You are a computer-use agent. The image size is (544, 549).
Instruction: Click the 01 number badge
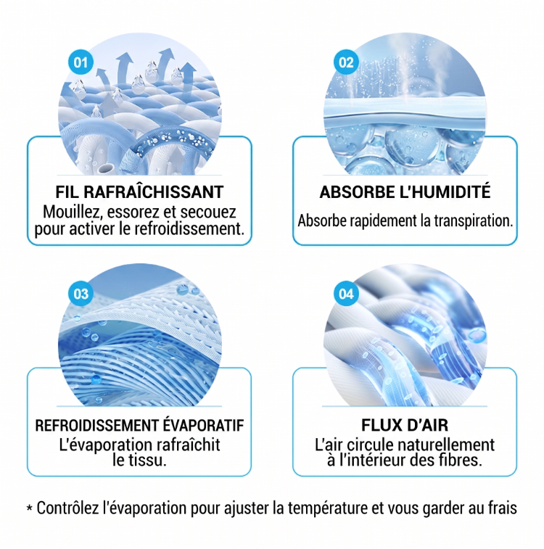coord(81,62)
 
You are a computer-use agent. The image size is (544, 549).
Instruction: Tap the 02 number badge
coord(346,62)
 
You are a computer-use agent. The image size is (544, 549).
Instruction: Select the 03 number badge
coord(81,294)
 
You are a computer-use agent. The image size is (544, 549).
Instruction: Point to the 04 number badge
coord(346,294)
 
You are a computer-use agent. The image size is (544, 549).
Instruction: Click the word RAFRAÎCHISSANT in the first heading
coord(154,191)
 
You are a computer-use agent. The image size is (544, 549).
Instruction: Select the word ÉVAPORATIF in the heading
coord(203,425)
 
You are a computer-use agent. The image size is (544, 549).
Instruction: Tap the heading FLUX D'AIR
coord(405,425)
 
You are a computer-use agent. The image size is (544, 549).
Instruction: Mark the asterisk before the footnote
coord(30,508)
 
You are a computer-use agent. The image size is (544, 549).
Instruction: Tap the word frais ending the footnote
coord(503,508)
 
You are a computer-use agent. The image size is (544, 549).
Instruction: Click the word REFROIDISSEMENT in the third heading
coord(96,425)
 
